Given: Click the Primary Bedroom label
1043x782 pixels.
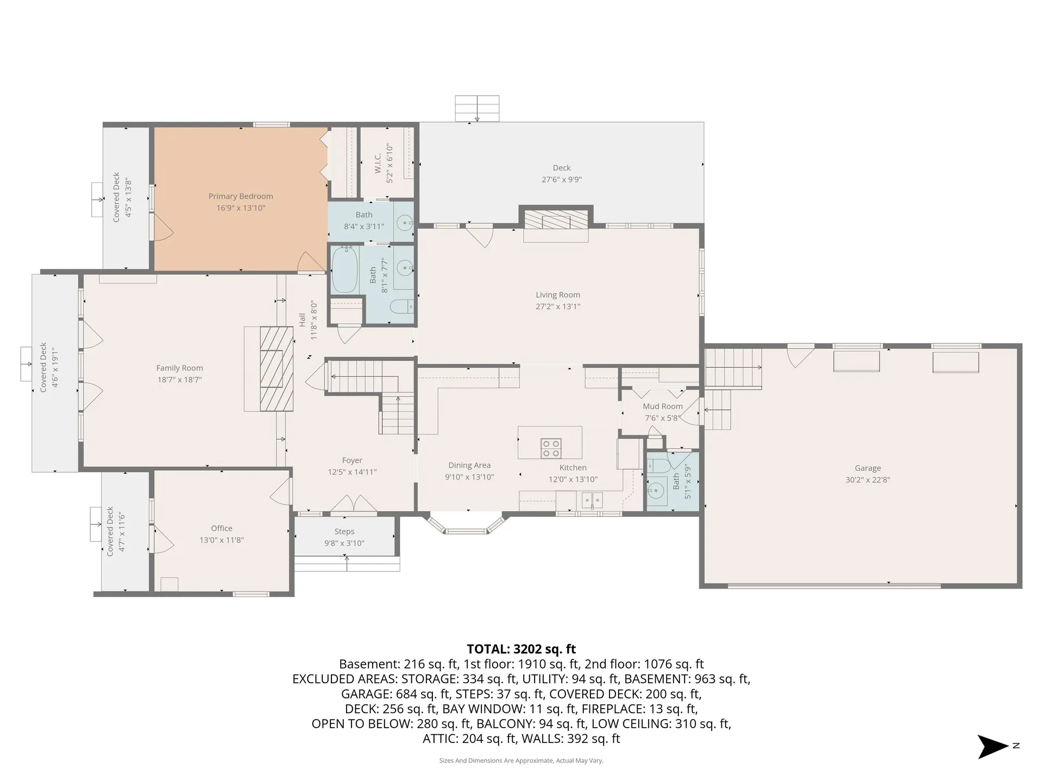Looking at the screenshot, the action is coord(241,196).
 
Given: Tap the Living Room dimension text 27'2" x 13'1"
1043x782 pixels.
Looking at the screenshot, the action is coord(558,306).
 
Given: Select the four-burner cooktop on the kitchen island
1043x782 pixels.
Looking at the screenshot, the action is coord(551,448).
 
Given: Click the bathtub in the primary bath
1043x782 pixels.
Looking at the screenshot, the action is coord(344,270).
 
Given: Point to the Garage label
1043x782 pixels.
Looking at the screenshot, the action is coord(868,468).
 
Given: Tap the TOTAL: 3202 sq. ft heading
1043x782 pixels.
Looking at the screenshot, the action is coord(521,649).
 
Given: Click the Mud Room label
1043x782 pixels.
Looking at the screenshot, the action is coord(663,406).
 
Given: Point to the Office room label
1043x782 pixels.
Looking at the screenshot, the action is coord(222,528).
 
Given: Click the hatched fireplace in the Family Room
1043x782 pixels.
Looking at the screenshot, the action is coord(277,368).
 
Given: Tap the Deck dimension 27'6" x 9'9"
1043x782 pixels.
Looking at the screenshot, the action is coord(562,179).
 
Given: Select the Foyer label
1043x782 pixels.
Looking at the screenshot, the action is coord(352,460).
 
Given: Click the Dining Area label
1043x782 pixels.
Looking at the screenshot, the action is coord(469,465).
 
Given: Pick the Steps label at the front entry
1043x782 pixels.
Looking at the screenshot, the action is coord(344,531).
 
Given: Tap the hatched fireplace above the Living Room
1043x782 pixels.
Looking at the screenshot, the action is coord(556,219).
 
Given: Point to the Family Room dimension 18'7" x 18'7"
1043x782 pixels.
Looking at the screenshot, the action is coord(180,380).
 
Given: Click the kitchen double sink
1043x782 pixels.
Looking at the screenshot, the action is coord(592,500).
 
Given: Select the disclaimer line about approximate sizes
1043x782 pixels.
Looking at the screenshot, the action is coord(521,761).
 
